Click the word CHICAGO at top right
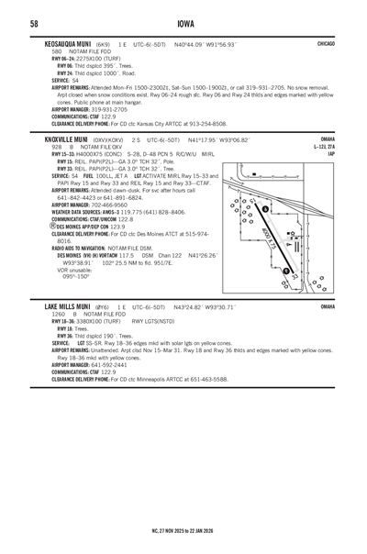click(x=326, y=43)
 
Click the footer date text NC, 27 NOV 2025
click(x=161, y=530)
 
